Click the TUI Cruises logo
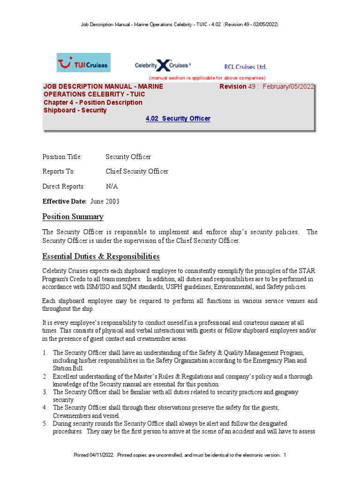(83, 63)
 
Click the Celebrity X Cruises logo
(163, 65)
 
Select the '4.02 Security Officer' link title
(178, 119)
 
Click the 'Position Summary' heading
(73, 217)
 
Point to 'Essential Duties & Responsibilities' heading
(101, 256)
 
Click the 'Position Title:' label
(62, 157)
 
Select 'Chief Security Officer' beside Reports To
(137, 172)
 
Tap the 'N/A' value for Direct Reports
(112, 187)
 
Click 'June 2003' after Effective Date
(105, 202)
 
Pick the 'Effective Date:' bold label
(65, 202)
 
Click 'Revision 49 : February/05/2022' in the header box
(267, 87)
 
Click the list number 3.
(45, 392)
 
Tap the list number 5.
(45, 423)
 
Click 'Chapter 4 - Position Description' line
(93, 103)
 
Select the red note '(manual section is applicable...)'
(207, 78)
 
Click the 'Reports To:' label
(59, 172)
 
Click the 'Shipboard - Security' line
(75, 111)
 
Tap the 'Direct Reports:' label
(64, 187)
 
